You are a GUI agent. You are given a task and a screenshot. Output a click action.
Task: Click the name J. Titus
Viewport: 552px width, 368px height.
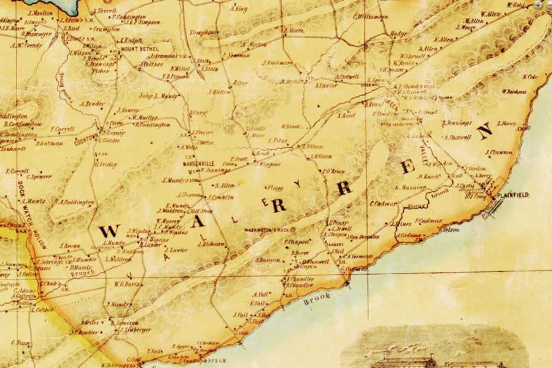tap(277, 141)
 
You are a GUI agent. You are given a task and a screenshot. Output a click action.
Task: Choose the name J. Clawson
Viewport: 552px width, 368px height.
tap(498, 153)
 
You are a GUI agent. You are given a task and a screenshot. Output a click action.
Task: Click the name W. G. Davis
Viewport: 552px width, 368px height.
tap(126, 284)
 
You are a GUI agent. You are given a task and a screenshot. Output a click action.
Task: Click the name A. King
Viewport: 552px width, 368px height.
tap(240, 9)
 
